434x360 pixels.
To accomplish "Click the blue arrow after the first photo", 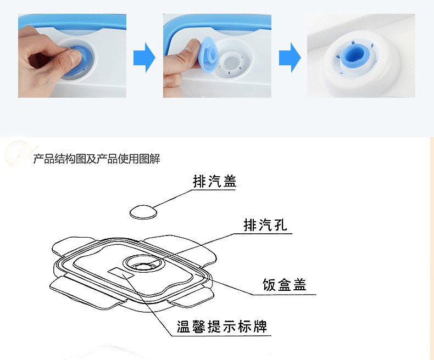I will [x=144, y=58].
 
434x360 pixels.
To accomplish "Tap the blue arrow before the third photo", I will [x=289, y=58].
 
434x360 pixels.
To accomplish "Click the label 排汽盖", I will [x=215, y=182].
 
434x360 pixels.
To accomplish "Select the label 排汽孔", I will [x=265, y=226].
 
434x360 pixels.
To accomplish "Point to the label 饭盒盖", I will [x=284, y=285].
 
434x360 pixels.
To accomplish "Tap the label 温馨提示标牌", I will [x=222, y=327].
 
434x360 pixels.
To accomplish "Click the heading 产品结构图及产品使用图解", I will [x=97, y=159].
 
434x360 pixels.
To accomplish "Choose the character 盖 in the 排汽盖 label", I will [x=230, y=182].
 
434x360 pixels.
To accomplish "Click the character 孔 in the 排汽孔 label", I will [x=280, y=226].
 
